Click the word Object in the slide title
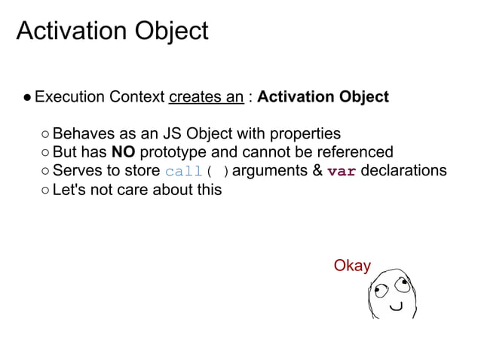coord(173,31)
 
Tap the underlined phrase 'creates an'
coord(206,97)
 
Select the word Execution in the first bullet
coord(69,97)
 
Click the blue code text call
coord(183,172)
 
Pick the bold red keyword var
coord(342,171)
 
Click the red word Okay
coord(352,266)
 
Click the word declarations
coord(404,171)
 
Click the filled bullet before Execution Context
coord(26,98)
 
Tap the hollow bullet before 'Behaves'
coord(45,135)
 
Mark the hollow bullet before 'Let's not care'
coord(45,190)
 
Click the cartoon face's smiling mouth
coord(395,307)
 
